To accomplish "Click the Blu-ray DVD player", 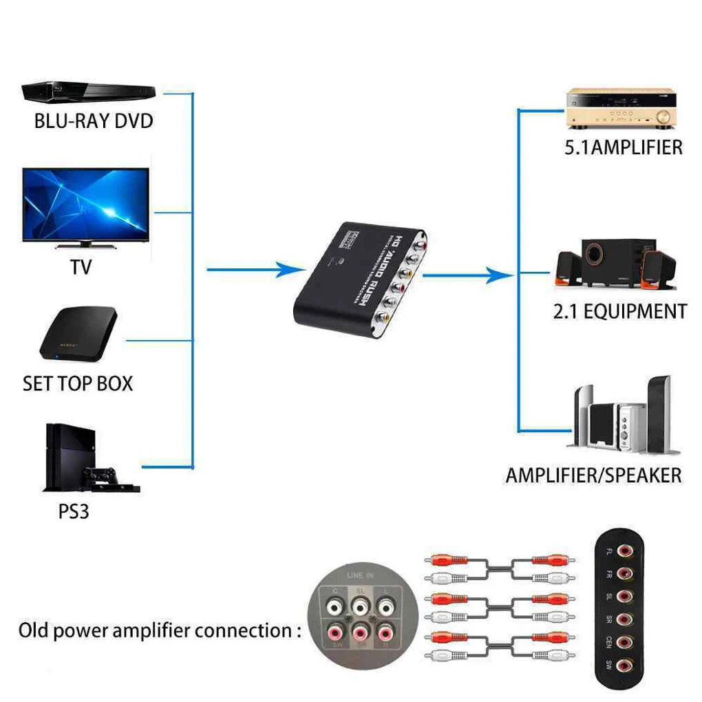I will (x=88, y=92).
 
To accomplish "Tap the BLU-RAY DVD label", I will (x=94, y=122).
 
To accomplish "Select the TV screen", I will (x=85, y=204).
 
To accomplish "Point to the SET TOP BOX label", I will (x=78, y=383).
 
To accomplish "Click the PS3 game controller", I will (x=103, y=476).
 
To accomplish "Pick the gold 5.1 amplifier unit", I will (x=619, y=108).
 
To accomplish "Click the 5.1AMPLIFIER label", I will (x=624, y=147).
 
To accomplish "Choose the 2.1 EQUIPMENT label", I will (x=620, y=312).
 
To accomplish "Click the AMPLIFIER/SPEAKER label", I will (x=593, y=476).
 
